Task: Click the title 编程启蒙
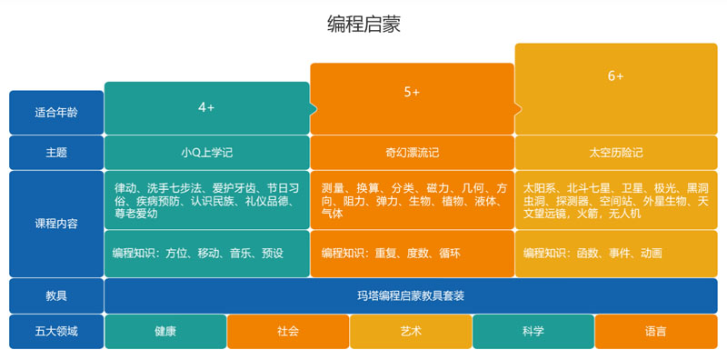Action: (x=363, y=25)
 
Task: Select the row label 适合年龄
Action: (x=56, y=113)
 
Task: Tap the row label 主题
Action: (x=56, y=153)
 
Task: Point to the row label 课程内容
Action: (x=56, y=224)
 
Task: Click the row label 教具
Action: (x=56, y=295)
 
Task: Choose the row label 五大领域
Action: (x=56, y=331)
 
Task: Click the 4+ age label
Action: (x=206, y=107)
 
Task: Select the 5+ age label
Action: (x=412, y=92)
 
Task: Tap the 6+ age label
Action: (x=616, y=75)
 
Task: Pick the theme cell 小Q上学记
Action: (x=206, y=153)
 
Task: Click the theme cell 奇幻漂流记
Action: (x=412, y=153)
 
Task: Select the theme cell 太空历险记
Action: (x=616, y=153)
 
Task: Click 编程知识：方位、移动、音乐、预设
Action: (x=198, y=253)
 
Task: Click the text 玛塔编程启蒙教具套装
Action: (x=411, y=295)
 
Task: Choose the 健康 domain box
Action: (x=165, y=331)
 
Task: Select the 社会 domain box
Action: (x=288, y=331)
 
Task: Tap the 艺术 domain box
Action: (x=411, y=331)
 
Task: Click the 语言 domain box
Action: (x=655, y=331)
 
